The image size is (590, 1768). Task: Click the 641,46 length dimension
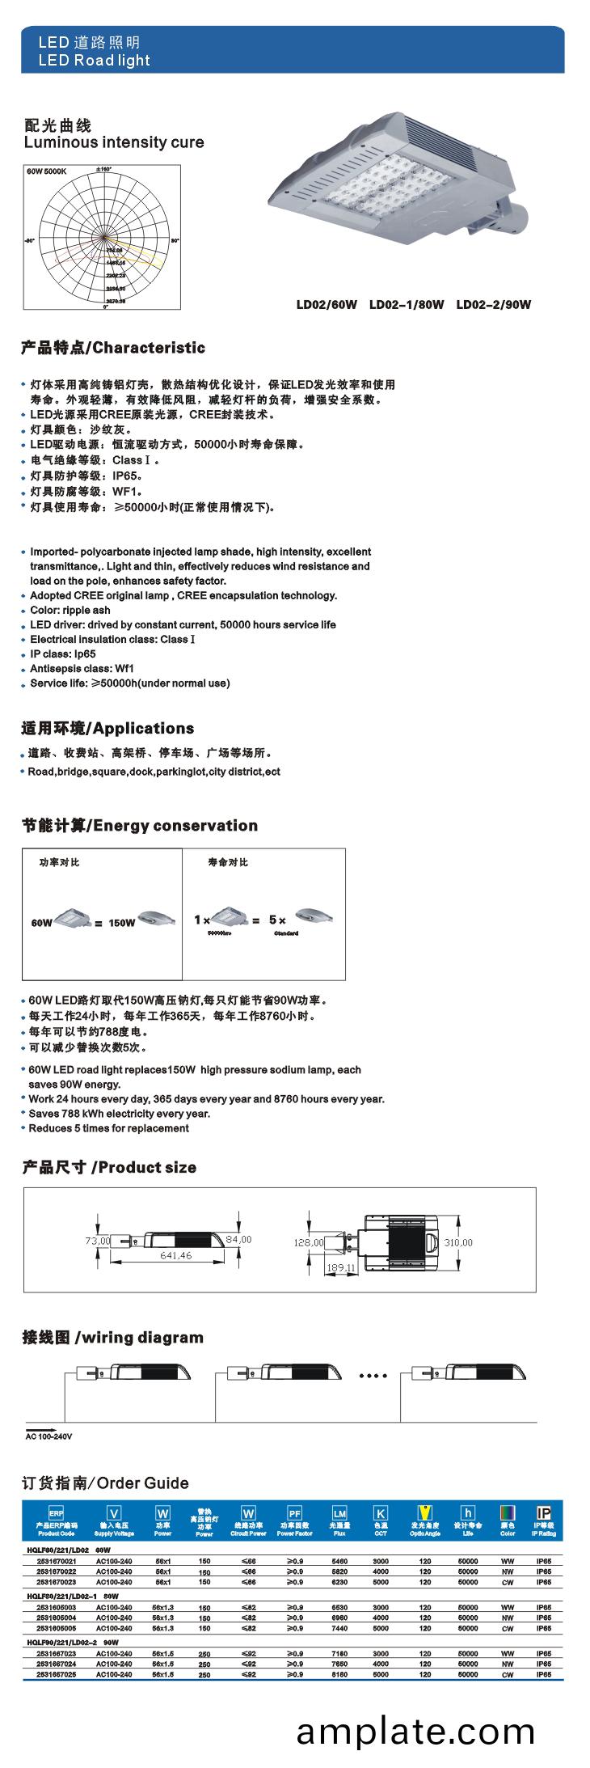tap(175, 1255)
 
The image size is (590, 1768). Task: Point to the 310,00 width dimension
tap(457, 1241)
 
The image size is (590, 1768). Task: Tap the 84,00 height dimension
tap(238, 1239)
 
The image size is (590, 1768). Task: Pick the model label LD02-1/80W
tap(407, 305)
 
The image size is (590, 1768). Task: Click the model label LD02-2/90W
tap(494, 305)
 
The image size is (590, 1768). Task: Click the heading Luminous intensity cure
tap(114, 142)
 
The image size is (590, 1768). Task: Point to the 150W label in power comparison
tap(121, 922)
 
